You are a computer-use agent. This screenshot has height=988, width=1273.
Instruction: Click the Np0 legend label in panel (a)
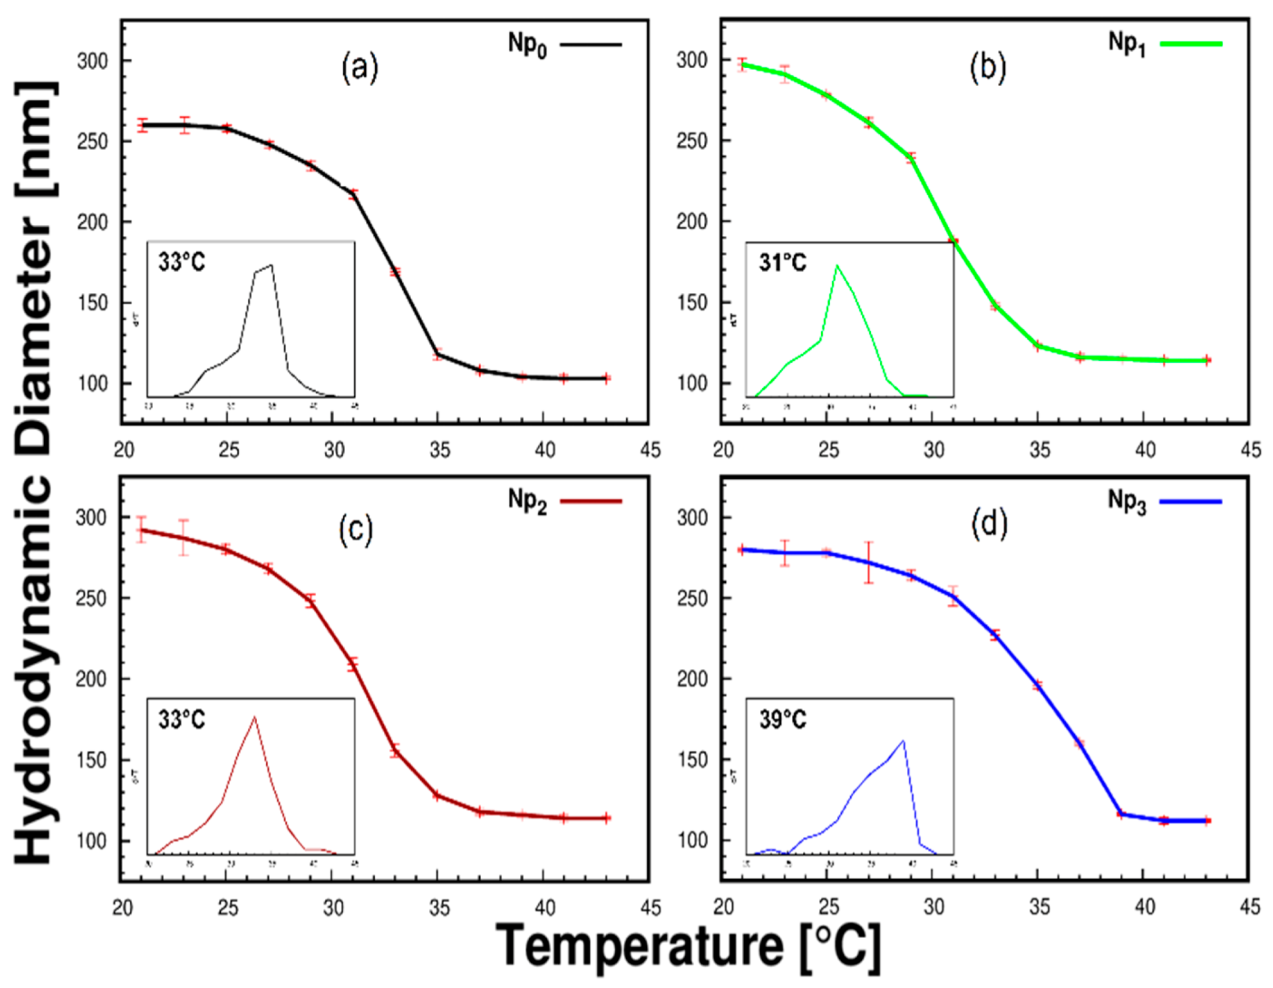pyautogui.click(x=527, y=45)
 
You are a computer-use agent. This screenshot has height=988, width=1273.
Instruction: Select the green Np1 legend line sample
pyautogui.click(x=1191, y=44)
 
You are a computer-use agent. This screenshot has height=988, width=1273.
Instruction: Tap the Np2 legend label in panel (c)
pyautogui.click(x=527, y=501)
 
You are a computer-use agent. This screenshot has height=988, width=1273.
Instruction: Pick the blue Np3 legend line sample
pyautogui.click(x=1190, y=501)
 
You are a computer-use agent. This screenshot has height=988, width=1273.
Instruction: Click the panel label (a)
pyautogui.click(x=359, y=67)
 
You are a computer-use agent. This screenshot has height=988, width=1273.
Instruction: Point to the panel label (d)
pyautogui.click(x=989, y=523)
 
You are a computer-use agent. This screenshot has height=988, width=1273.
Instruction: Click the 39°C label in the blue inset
pyautogui.click(x=782, y=719)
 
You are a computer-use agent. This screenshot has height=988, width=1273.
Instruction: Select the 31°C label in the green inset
pyautogui.click(x=782, y=262)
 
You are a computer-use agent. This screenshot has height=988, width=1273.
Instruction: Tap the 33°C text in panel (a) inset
pyautogui.click(x=182, y=262)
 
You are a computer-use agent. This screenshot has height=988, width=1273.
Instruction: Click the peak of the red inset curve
pyautogui.click(x=254, y=717)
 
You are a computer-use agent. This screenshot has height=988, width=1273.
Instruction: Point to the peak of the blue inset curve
pyautogui.click(x=903, y=741)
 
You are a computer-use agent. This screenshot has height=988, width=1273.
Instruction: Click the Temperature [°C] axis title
pyautogui.click(x=688, y=947)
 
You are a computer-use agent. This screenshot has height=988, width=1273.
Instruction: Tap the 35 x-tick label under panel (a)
pyautogui.click(x=439, y=450)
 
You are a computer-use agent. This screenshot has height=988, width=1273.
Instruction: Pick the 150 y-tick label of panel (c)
pyautogui.click(x=91, y=760)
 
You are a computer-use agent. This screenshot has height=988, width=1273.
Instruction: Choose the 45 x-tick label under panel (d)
pyautogui.click(x=1250, y=906)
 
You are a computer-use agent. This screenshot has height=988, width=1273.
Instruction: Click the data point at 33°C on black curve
pyautogui.click(x=395, y=271)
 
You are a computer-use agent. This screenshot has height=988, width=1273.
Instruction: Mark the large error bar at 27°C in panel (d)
pyautogui.click(x=868, y=562)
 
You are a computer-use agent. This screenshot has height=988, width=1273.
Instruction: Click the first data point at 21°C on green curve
pyautogui.click(x=743, y=64)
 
